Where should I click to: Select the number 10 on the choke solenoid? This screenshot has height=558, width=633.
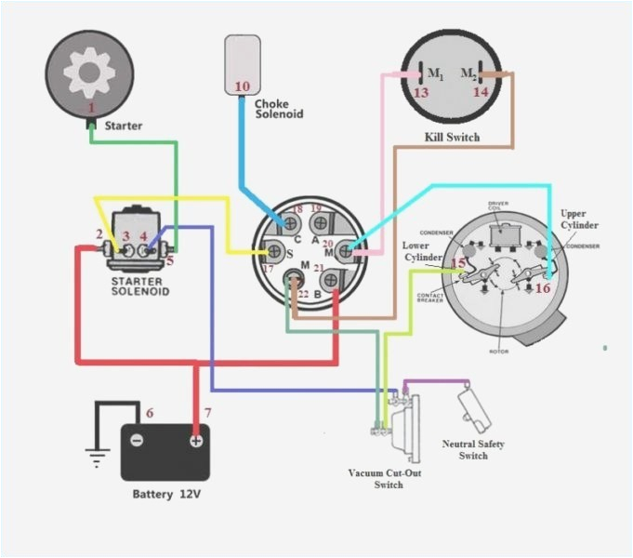click(242, 86)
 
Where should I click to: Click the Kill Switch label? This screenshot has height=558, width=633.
click(452, 138)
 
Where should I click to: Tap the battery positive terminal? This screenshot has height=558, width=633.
click(196, 440)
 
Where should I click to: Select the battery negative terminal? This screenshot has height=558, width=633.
click(137, 440)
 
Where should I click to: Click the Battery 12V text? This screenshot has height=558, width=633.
click(166, 494)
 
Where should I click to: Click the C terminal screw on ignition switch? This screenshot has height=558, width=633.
click(292, 224)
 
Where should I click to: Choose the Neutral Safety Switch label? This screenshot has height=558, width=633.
click(473, 450)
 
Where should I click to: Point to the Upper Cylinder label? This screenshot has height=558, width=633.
click(579, 219)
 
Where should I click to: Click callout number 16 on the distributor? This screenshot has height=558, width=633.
click(542, 288)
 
